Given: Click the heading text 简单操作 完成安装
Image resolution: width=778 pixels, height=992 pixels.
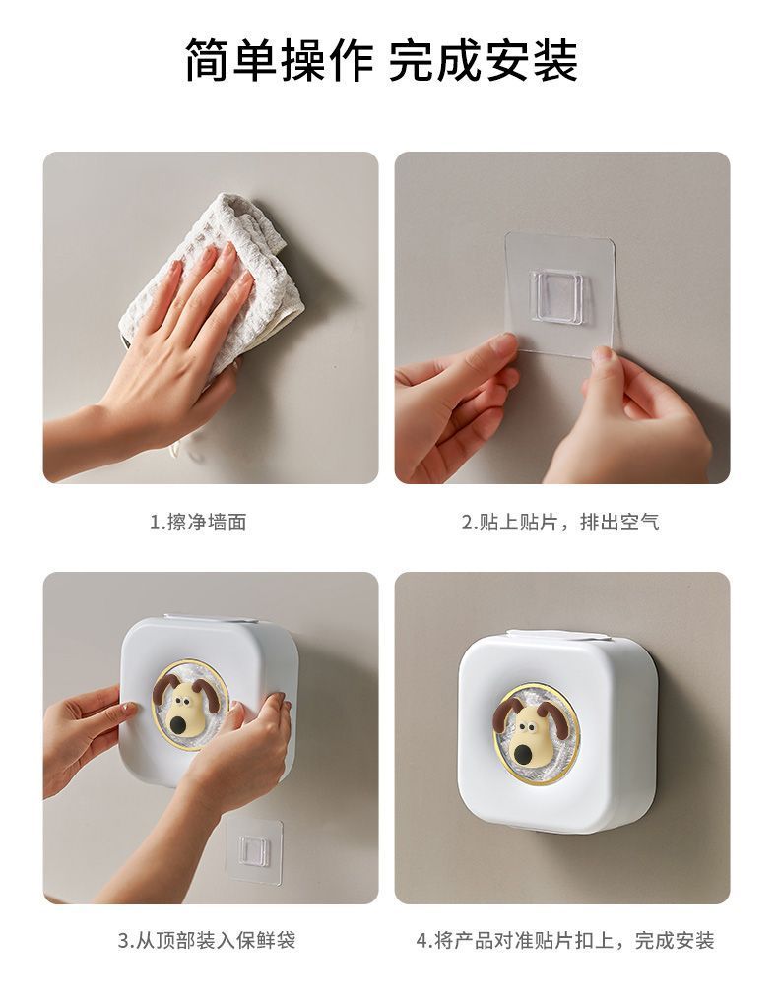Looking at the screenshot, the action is (x=381, y=60).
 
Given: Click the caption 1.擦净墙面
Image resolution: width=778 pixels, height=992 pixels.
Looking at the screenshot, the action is (x=198, y=522).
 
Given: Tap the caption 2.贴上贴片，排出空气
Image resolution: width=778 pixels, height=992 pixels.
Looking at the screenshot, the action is (x=560, y=522).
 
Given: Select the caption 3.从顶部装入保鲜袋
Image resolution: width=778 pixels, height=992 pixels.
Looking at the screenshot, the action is (x=207, y=940).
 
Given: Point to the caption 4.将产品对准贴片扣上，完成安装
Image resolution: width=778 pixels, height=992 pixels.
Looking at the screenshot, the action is (x=565, y=940).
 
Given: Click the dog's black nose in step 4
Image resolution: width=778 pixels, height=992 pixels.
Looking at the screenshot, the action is (x=525, y=753).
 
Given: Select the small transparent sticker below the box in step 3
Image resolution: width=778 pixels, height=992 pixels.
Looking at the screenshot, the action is (x=254, y=849).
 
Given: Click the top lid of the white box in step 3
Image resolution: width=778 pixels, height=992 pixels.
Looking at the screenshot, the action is (x=211, y=619).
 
